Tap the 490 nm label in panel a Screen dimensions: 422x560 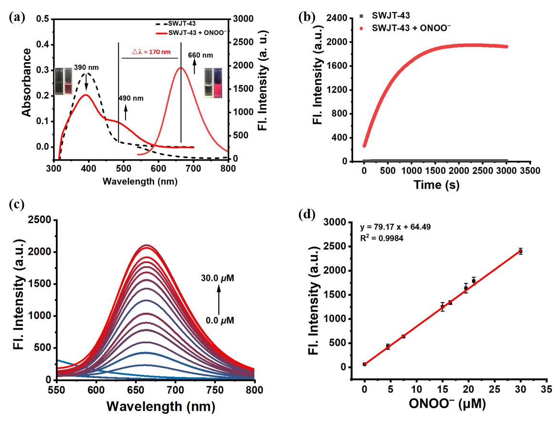click(131, 98)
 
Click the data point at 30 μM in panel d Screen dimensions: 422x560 click(520, 251)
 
